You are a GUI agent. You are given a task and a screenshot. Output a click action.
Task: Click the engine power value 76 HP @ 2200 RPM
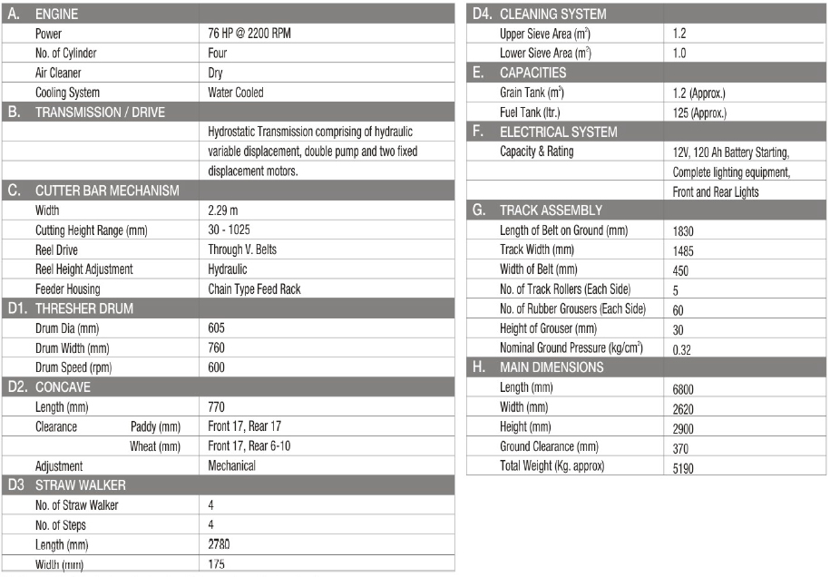249,34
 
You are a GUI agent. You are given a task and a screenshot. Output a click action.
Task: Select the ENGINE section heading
56,15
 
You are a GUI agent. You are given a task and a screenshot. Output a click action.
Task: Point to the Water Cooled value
236,93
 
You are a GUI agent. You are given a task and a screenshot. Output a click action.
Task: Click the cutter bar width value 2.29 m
223,210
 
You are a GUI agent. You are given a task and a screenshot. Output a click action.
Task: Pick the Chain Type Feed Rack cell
254,289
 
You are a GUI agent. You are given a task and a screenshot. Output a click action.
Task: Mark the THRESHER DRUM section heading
83,308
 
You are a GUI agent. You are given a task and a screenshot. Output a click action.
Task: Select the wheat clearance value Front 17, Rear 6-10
249,446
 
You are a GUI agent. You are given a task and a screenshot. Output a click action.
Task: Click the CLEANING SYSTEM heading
552,15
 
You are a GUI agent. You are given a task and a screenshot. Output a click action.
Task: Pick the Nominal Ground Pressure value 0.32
682,349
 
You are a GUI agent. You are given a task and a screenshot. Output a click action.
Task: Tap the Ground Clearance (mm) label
549,446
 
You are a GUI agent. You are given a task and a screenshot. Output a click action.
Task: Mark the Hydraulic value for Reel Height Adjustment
228,269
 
